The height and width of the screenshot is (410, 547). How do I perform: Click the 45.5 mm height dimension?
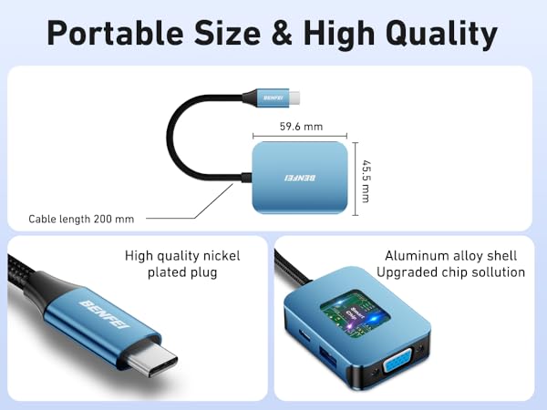366,179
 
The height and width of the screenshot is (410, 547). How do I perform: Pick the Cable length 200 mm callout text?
81,219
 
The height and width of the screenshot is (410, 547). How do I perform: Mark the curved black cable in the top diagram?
176,137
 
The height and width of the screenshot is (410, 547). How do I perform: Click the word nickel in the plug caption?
224,256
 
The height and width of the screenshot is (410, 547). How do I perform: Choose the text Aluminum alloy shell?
451,256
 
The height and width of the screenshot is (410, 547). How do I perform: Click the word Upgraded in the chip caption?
408,272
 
